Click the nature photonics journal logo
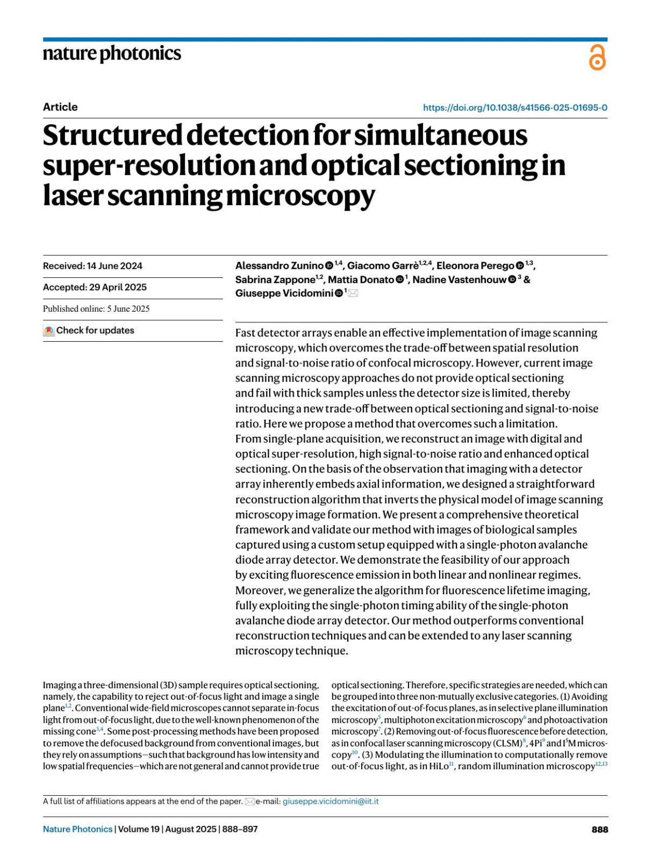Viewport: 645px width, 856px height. pos(112,54)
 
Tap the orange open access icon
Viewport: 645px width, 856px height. pos(597,57)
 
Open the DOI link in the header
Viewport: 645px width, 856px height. pos(515,107)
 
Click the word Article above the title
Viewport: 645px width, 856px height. pos(60,107)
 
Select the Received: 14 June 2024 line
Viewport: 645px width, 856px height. pos(92,266)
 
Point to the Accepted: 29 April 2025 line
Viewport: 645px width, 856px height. pos(95,287)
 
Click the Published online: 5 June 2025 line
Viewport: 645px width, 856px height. pos(96,309)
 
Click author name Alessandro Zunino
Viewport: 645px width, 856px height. pos(279,266)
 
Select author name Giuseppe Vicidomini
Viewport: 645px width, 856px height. pos(284,293)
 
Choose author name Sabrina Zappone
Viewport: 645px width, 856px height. pos(275,279)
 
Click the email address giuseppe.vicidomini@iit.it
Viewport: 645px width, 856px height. pos(331,801)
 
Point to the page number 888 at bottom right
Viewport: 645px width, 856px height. pos(600,829)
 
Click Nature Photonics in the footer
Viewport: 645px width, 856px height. pos(78,829)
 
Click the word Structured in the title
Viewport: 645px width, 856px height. pos(112,135)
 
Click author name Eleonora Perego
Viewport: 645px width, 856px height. pos(475,266)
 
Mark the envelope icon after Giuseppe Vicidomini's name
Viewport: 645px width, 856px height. pos(353,293)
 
